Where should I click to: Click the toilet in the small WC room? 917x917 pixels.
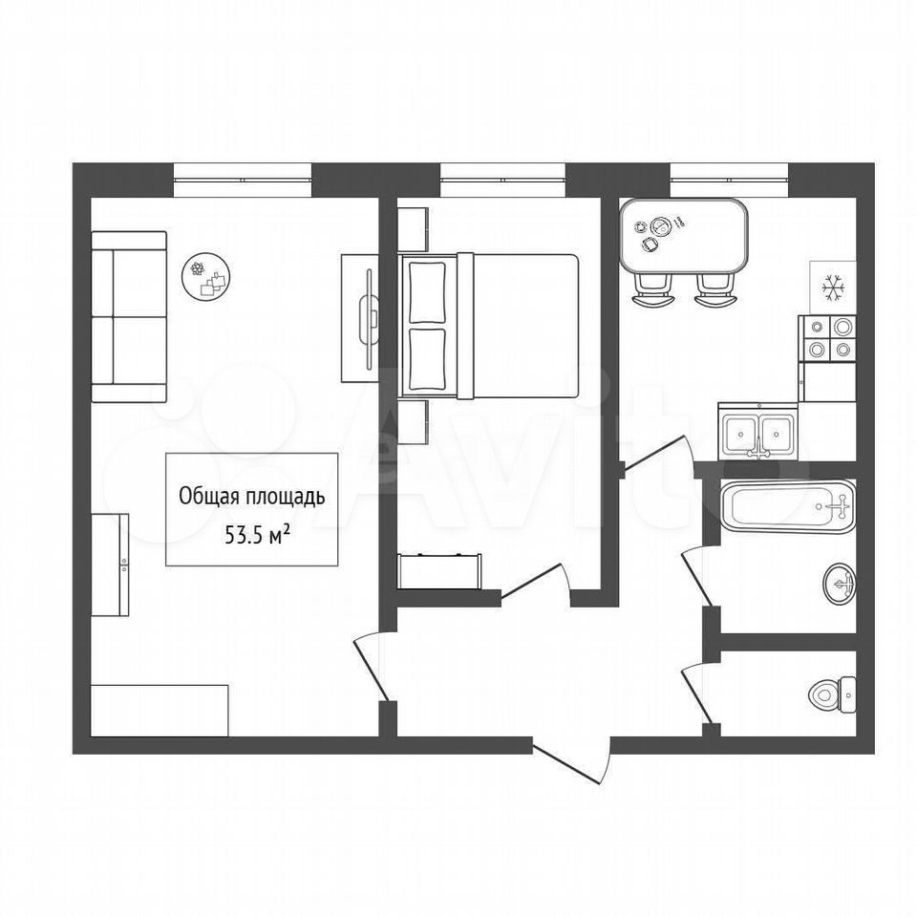coord(832,694)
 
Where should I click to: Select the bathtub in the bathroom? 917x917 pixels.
coord(787,506)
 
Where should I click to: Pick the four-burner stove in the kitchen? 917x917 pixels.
coord(827,338)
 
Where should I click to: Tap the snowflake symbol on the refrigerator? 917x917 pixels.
coord(832,287)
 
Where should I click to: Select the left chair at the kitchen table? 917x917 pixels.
coord(652,290)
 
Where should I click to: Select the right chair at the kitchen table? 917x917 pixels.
coord(715,290)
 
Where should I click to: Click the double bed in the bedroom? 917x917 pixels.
coord(488,326)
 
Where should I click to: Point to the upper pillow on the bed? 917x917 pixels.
coord(428,292)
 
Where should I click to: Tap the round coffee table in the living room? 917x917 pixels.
coord(206,278)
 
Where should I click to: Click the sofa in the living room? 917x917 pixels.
coord(129,316)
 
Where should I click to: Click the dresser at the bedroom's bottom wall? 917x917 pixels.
coord(439,570)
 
